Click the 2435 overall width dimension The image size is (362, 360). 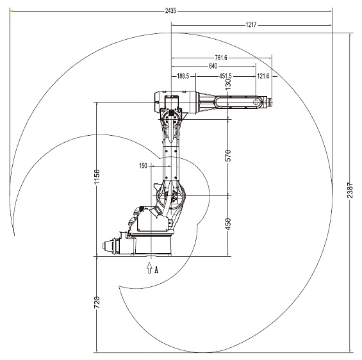(x=170, y=11)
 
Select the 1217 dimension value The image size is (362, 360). (x=251, y=25)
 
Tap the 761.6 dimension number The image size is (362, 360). (x=221, y=58)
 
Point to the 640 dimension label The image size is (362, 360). (x=213, y=66)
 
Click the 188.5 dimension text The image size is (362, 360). (x=183, y=76)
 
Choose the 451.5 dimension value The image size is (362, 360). (x=226, y=76)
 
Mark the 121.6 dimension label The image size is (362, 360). (x=263, y=76)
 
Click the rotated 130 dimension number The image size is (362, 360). (x=228, y=85)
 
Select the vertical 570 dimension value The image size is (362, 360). (x=228, y=156)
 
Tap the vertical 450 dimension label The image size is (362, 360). (x=228, y=224)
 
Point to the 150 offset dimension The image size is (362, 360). (x=143, y=166)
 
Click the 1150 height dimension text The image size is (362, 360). (x=97, y=177)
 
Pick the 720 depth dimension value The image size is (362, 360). (x=97, y=302)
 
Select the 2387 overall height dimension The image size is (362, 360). (x=350, y=190)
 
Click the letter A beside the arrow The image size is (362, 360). (x=156, y=269)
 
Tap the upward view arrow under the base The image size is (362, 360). (x=149, y=268)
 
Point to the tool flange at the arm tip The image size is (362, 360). (x=268, y=102)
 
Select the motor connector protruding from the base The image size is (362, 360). (x=110, y=245)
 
